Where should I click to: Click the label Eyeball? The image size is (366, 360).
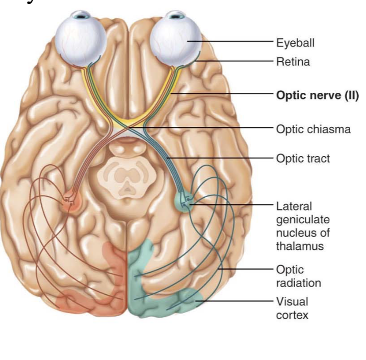point(295,43)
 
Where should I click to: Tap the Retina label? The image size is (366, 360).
point(293,62)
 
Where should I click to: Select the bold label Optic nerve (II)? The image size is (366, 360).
point(318,95)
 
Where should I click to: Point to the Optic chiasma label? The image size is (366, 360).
point(313,130)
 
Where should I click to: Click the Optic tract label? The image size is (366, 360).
point(303,159)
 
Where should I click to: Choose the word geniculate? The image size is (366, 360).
point(303,220)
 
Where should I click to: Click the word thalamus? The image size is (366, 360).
point(300,246)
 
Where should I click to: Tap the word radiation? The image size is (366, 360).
point(299,283)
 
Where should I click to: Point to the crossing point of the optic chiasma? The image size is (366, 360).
point(127,127)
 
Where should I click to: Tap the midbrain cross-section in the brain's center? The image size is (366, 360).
point(127,177)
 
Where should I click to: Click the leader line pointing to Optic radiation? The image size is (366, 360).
point(245,269)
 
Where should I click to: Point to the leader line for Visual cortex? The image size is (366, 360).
point(234,301)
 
